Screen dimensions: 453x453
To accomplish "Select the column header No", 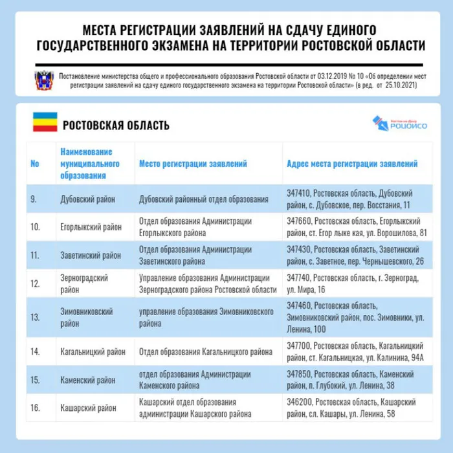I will [35, 164].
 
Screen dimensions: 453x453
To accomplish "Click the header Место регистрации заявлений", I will [193, 164].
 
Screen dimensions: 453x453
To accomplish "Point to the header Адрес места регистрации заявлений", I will [352, 164].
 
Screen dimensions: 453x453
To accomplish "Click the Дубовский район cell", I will [87, 199].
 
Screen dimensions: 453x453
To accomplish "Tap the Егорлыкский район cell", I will [91, 227].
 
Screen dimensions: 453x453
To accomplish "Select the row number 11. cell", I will [35, 256].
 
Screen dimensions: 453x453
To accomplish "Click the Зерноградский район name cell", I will [84, 283].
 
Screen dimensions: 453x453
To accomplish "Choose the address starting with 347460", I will [355, 317].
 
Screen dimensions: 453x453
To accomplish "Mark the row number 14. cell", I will [35, 352].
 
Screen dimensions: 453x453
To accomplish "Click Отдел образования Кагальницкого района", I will [206, 352].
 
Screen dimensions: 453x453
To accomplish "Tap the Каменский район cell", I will [89, 380].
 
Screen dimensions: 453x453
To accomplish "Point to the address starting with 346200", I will [349, 408].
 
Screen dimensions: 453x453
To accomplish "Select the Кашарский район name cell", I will [88, 408].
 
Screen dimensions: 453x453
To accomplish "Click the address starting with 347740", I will [352, 283].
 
